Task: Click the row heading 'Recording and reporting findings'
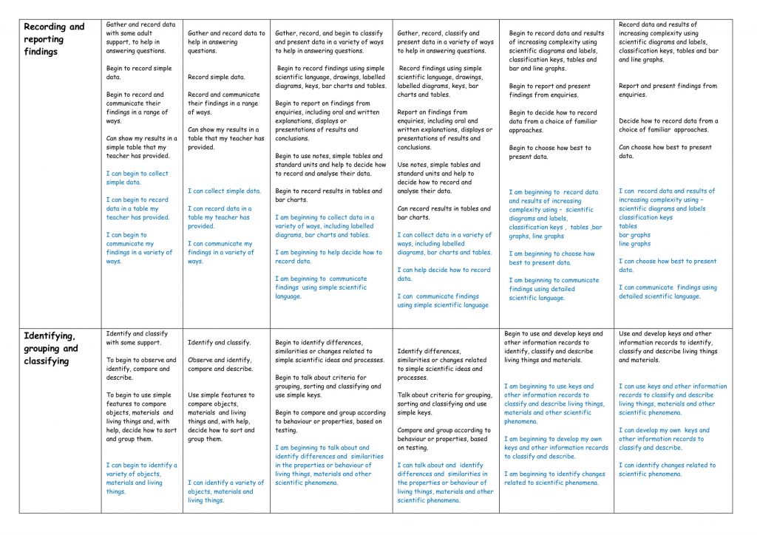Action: click(54, 39)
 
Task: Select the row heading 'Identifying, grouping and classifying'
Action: click(51, 348)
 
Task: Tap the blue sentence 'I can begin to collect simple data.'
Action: click(137, 178)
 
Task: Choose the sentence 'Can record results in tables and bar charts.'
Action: click(444, 213)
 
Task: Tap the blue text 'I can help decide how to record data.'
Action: click(444, 274)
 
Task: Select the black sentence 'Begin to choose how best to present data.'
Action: click(550, 152)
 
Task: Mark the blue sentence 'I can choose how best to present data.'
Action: click(668, 265)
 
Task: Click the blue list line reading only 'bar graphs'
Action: click(634, 235)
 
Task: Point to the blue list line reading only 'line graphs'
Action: click(634, 244)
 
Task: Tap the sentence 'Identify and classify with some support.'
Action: click(133, 338)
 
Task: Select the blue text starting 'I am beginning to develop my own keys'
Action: click(556, 447)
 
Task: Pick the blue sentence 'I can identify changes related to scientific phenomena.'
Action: click(667, 469)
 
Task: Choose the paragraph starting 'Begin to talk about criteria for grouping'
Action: click(329, 386)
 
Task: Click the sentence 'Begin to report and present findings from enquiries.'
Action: click(549, 91)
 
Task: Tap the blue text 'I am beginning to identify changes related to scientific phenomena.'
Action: click(554, 478)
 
